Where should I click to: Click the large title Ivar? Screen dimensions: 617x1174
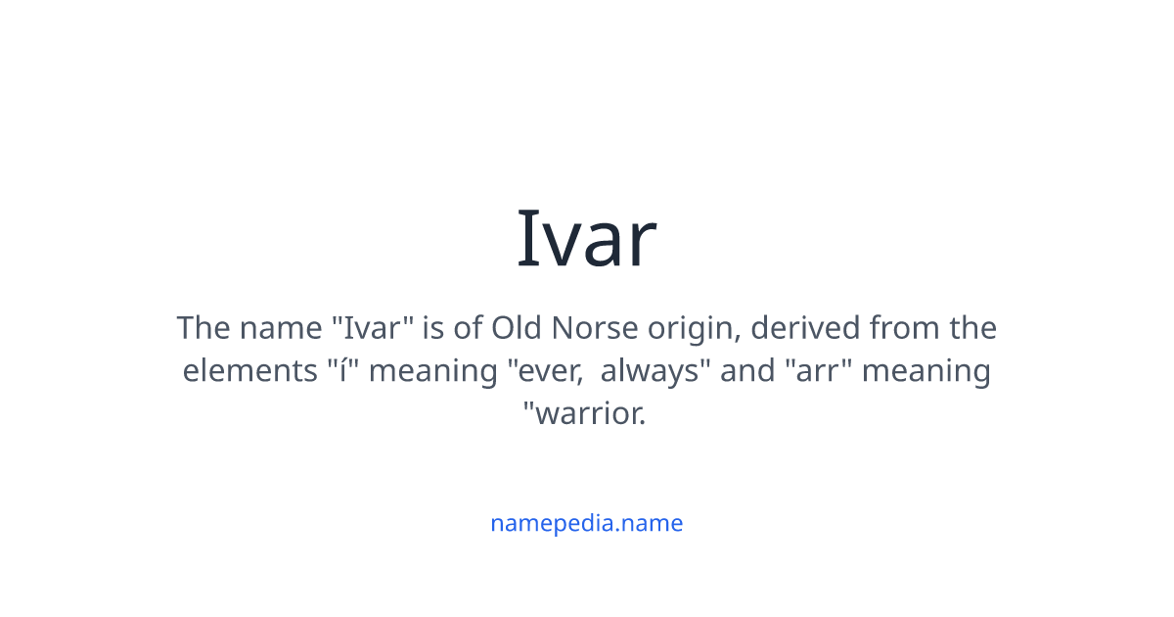coord(586,238)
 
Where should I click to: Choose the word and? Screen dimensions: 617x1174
coord(741,371)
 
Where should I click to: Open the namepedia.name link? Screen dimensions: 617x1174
coord(586,523)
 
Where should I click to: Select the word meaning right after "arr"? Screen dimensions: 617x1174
coord(926,372)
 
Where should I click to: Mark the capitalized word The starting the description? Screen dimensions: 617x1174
coord(202,327)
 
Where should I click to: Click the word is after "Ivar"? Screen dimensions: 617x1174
coord(433,327)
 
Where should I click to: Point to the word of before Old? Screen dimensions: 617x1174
coord(468,327)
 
